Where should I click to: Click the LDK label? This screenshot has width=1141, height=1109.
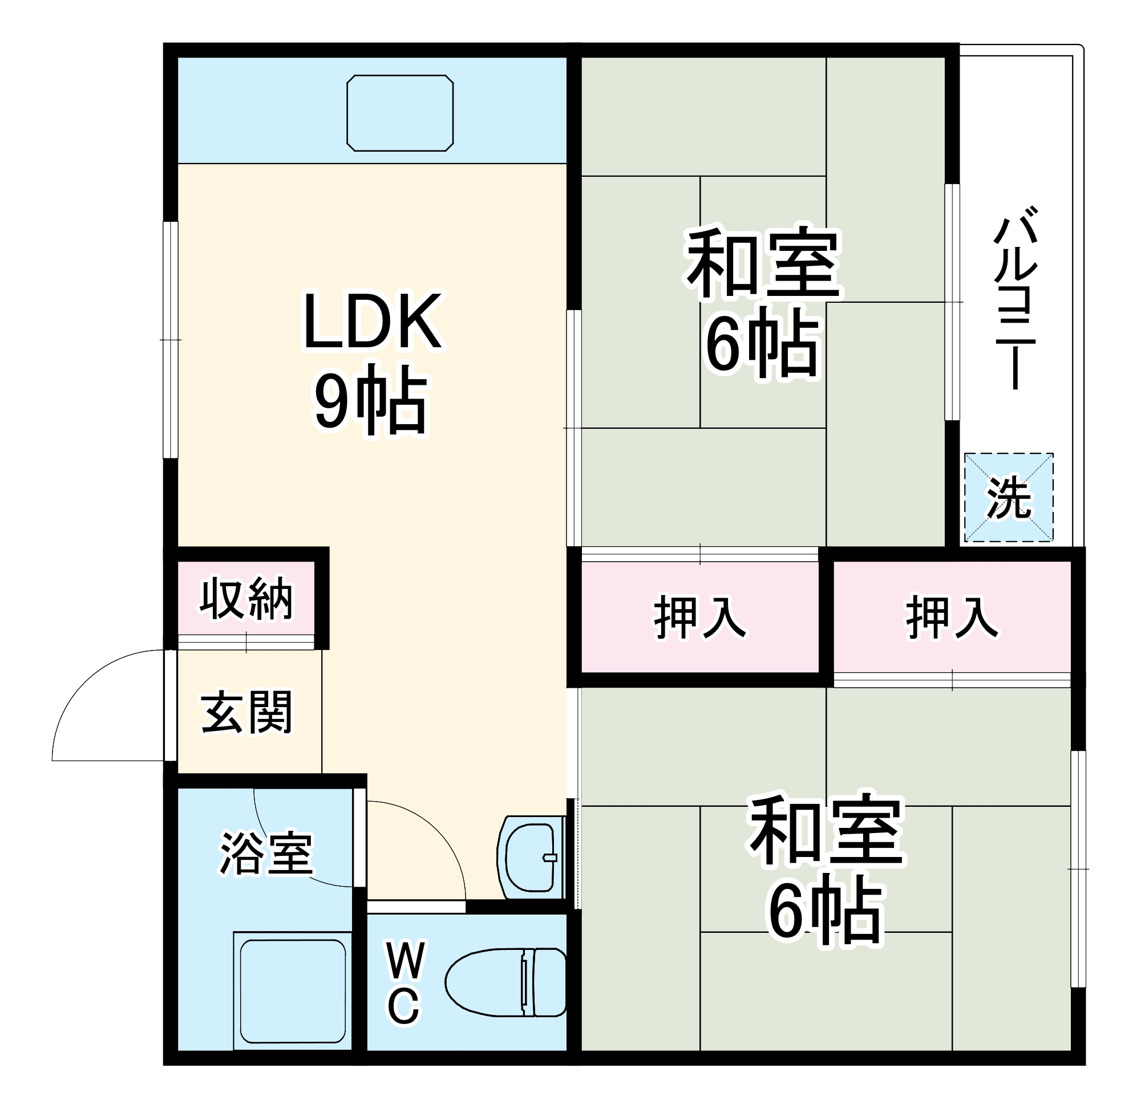pyautogui.click(x=372, y=321)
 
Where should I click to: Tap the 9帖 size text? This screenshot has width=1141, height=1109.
pyautogui.click(x=372, y=400)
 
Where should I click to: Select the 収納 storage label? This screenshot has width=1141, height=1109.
pyautogui.click(x=246, y=599)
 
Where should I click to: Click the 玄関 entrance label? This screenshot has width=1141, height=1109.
pyautogui.click(x=246, y=712)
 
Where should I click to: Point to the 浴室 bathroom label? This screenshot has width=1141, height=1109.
pyautogui.click(x=266, y=854)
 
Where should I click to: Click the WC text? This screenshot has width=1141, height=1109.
pyautogui.click(x=404, y=984)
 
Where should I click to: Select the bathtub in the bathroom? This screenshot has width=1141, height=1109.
pyautogui.click(x=293, y=991)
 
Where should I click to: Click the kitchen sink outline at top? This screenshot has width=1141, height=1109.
pyautogui.click(x=400, y=113)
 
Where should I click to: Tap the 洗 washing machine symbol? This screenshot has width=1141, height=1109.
pyautogui.click(x=1008, y=498)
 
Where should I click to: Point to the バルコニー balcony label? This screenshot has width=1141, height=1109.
pyautogui.click(x=1014, y=297)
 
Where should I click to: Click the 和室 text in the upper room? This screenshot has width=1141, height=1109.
pyautogui.click(x=763, y=263)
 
